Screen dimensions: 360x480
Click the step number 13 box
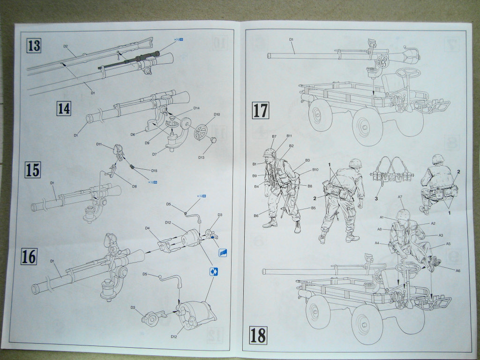point(34,46)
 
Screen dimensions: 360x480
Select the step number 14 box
point(64,109)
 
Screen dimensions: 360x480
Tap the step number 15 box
point(33,169)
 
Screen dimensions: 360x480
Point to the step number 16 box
point(29,257)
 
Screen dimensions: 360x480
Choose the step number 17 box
point(261,110)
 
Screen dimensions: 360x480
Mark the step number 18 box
point(258,335)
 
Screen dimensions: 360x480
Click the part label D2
point(66,46)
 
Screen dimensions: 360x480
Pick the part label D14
point(196,109)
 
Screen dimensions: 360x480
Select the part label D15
point(154,170)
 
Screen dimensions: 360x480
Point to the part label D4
point(147,228)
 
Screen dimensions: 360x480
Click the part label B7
point(274,136)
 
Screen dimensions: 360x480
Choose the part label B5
point(313,208)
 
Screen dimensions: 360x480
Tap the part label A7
point(400,197)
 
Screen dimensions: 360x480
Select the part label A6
point(458,270)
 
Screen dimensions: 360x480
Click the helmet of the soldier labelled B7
point(269,154)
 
